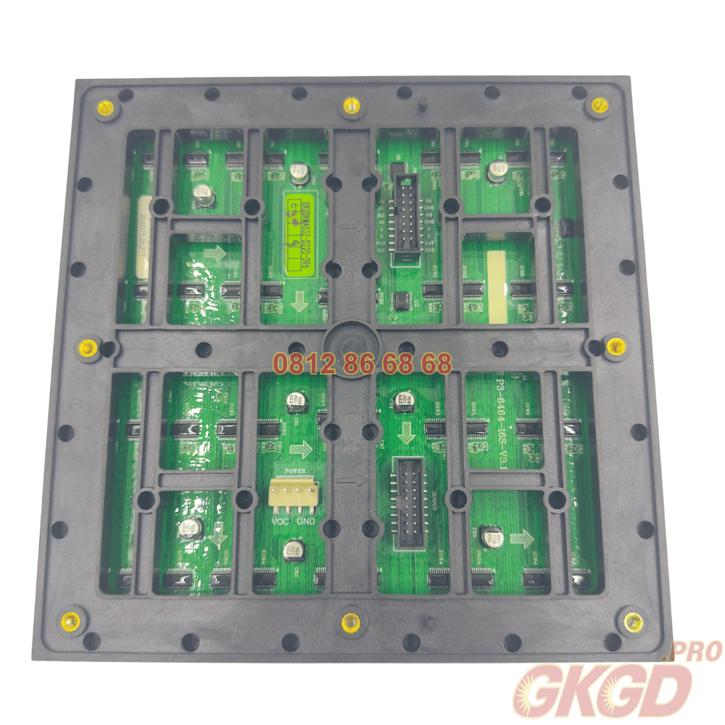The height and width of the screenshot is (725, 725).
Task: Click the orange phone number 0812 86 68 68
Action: click(x=362, y=363)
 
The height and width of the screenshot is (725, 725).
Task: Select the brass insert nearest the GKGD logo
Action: click(x=633, y=621)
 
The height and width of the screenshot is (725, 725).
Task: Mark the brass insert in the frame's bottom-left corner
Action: click(x=72, y=620)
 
